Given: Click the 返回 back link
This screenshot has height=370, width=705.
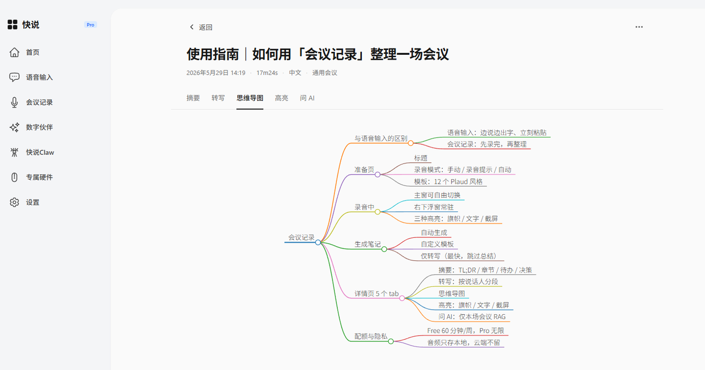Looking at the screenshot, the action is tap(201, 27).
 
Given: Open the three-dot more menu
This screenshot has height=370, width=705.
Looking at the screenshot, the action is tap(639, 27).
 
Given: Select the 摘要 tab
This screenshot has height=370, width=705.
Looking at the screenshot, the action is tap(193, 98).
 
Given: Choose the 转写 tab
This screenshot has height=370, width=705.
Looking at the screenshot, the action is tap(218, 98).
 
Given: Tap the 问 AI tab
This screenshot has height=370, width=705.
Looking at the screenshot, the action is tap(307, 98).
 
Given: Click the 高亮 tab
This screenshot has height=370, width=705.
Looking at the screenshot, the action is tap(282, 98).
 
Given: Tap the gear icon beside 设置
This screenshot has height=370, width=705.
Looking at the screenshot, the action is tap(14, 202).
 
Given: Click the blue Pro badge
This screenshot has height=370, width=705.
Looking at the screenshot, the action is tap(90, 25).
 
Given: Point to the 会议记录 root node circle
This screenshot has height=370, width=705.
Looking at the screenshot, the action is tap(318, 242).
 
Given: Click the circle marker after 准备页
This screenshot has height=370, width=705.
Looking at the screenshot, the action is tap(377, 175).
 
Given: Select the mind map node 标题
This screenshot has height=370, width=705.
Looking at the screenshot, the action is tap(421, 158).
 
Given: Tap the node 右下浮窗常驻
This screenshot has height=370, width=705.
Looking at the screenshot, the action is tap(434, 207).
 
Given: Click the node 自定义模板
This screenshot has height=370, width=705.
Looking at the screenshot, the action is tap(438, 244).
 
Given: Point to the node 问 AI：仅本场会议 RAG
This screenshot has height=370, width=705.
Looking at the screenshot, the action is tap(472, 317).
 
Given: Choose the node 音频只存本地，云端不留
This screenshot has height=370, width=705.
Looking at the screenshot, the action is tap(464, 343).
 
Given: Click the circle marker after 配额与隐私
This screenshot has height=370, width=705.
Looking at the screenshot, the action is tap(391, 342).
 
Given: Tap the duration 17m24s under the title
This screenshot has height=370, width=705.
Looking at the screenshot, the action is tap(267, 73).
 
